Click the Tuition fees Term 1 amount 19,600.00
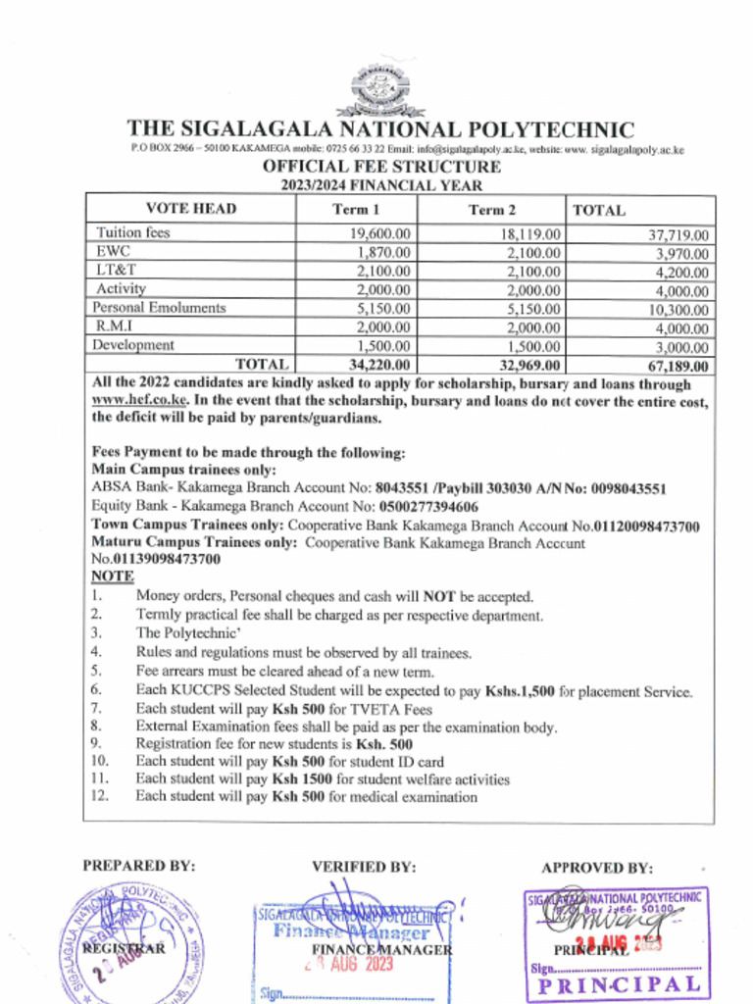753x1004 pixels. (x=379, y=234)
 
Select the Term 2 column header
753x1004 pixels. (x=491, y=209)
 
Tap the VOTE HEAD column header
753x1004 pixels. (x=191, y=209)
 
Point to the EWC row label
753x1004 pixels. (x=114, y=252)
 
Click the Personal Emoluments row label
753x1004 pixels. (x=159, y=308)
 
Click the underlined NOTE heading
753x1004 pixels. (x=112, y=577)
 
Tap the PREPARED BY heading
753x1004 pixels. (x=138, y=866)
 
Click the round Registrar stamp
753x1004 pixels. (x=129, y=943)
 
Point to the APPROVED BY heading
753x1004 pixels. (x=596, y=868)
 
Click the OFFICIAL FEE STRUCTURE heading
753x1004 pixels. (x=380, y=167)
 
